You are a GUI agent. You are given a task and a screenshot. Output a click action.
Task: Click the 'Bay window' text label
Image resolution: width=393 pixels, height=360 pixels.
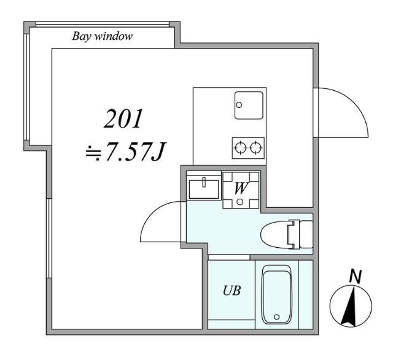[x=103, y=36]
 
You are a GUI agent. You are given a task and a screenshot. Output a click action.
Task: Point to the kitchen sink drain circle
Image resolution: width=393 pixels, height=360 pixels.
[x=239, y=104]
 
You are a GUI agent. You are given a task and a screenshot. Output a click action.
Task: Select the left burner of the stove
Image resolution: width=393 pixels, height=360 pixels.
[x=240, y=147]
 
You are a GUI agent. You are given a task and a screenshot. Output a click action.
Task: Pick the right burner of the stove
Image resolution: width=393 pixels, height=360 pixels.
[x=255, y=147]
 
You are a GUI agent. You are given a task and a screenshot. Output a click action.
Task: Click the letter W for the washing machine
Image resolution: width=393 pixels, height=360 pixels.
[x=241, y=188]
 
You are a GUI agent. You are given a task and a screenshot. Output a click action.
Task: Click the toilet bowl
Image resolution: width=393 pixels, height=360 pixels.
[x=277, y=234]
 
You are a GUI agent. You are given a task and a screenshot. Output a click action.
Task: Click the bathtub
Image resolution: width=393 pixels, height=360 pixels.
[x=277, y=295]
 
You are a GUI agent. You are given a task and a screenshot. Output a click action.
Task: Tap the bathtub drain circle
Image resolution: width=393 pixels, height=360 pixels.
[x=277, y=317]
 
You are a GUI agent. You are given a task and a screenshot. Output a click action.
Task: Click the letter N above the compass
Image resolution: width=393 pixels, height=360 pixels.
[x=354, y=277]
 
